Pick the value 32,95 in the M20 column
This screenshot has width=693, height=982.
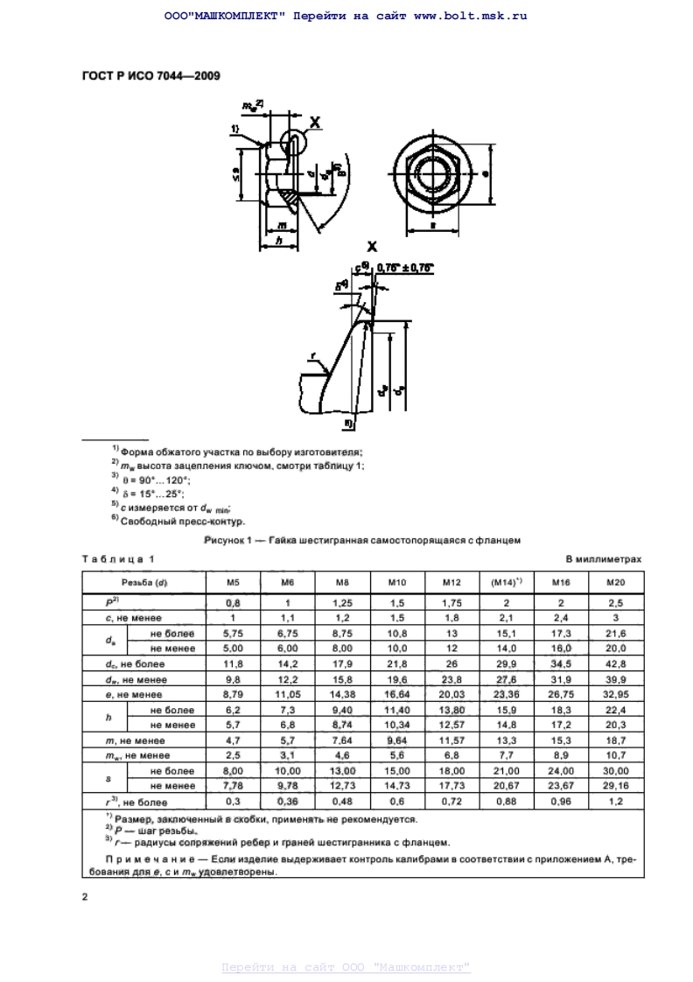tap(616, 694)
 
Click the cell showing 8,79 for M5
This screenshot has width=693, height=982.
tap(233, 694)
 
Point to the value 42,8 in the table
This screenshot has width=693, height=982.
tap(616, 664)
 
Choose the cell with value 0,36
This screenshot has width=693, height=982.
tap(287, 800)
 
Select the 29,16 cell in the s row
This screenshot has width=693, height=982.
tap(616, 785)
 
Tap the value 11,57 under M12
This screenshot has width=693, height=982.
tap(451, 740)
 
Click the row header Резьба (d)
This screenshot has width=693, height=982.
tap(143, 582)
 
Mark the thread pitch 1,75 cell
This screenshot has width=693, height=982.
tap(451, 603)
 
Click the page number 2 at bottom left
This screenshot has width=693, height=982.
tap(85, 896)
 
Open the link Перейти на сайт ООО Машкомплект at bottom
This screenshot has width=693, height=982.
tap(346, 966)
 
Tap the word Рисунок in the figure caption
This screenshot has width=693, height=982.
tap(224, 540)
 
